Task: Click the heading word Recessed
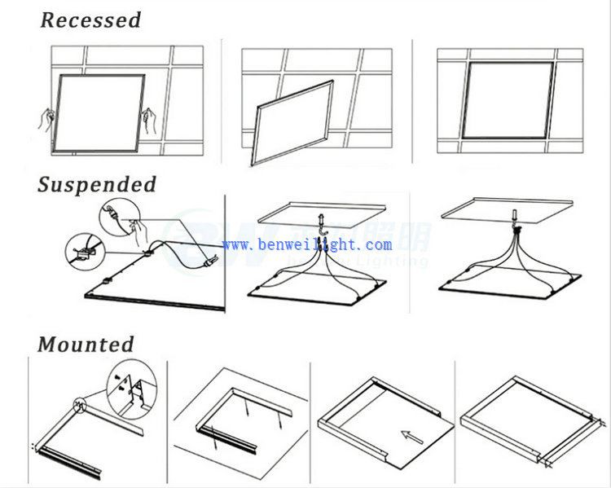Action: point(90,20)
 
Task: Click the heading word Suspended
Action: point(97,184)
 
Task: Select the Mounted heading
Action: point(86,344)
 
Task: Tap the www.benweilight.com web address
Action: point(306,244)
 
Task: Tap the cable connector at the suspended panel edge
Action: point(209,262)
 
